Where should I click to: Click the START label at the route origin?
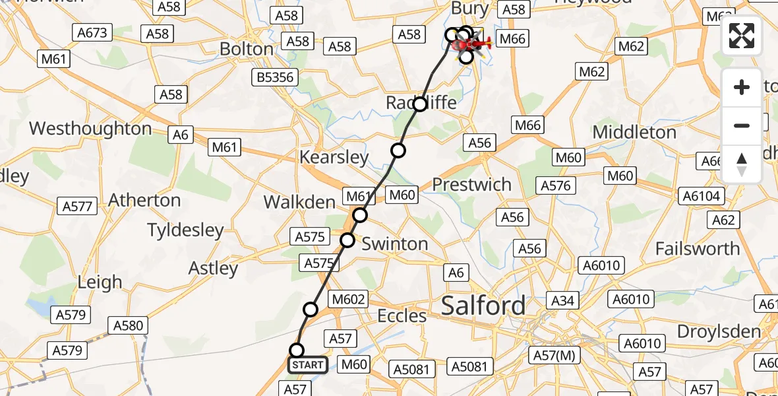(308, 365)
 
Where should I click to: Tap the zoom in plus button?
(742, 88)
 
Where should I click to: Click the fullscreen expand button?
(742, 36)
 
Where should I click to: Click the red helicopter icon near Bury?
(474, 45)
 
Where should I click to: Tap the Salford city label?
(483, 306)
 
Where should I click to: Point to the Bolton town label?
(247, 49)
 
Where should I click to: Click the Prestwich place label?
(472, 185)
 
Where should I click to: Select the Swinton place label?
(395, 244)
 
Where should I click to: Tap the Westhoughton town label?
(90, 128)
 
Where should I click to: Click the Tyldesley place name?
(185, 230)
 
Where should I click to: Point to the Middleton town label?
(634, 132)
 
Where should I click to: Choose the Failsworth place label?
(698, 249)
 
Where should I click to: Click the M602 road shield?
(349, 299)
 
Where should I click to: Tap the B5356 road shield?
(275, 78)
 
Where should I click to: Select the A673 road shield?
(94, 32)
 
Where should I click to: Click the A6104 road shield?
(703, 196)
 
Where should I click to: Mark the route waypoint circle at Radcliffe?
(420, 104)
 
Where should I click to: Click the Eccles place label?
(402, 316)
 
